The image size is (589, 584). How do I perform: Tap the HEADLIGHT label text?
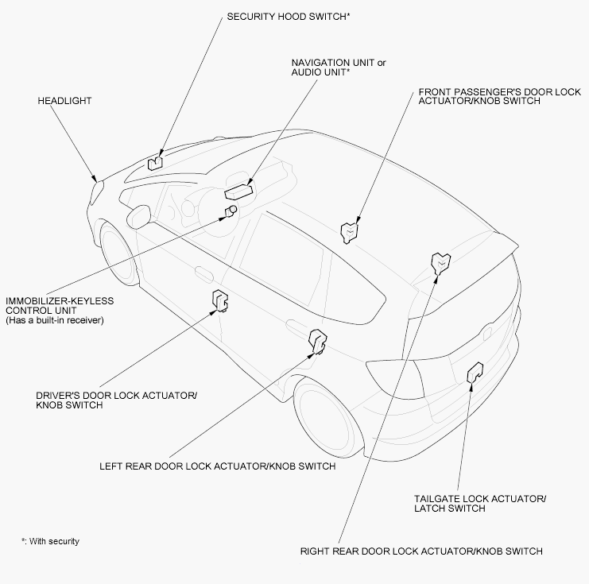click(64, 101)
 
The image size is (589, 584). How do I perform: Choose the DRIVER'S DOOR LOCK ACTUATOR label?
click(116, 400)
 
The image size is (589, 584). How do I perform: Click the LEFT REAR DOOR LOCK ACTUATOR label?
click(217, 466)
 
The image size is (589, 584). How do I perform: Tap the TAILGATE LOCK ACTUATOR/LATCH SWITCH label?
click(479, 504)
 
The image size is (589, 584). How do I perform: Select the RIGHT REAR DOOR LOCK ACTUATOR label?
click(421, 551)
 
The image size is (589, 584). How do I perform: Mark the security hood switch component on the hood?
click(155, 162)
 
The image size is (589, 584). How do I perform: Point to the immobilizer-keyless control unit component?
click(231, 210)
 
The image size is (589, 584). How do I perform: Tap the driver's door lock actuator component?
click(220, 301)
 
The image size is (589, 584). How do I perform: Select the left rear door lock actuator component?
click(318, 339)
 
